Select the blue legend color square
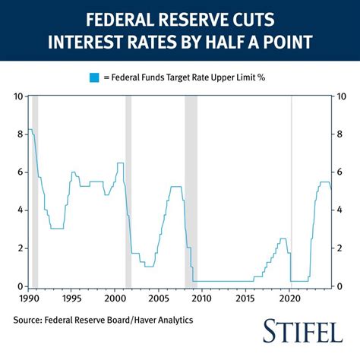(x=94, y=77)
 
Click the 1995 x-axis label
(x=71, y=299)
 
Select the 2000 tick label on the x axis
(x=115, y=299)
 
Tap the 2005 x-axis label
(x=159, y=299)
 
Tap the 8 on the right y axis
(x=340, y=134)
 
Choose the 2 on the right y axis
(x=340, y=248)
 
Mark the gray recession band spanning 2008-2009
(x=191, y=190)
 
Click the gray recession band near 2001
(x=128, y=190)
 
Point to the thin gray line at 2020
(x=292, y=190)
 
